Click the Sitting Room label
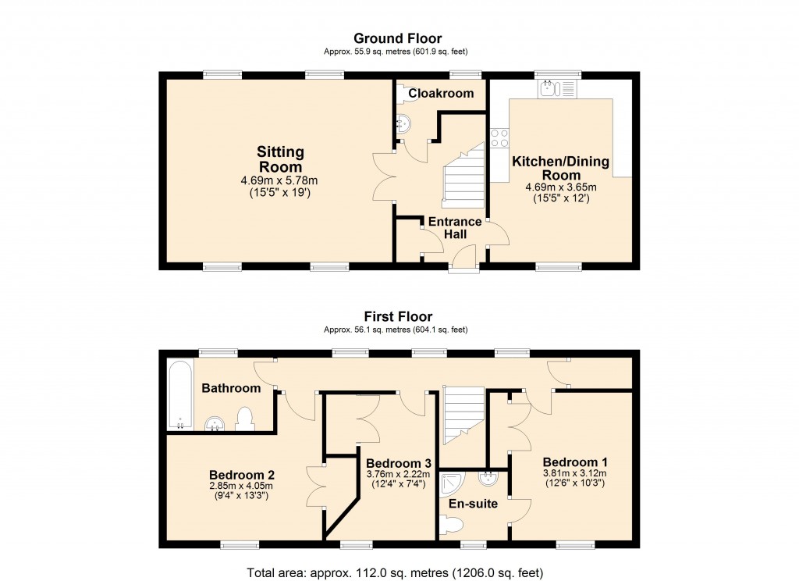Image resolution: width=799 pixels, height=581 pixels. point(280,159)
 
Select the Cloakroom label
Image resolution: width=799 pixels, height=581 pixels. point(442,94)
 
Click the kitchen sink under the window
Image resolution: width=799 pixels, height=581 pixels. point(559,88)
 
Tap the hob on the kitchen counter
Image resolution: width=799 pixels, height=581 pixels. point(499,138)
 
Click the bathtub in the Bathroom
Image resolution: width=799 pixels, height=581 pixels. point(179,394)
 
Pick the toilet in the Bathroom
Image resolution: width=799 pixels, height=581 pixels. point(244,419)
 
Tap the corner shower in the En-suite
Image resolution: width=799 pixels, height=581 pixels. point(450,485)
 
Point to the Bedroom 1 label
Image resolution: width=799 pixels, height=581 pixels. point(574,461)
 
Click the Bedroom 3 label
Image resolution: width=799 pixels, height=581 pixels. point(398,462)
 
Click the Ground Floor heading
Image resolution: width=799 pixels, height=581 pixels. point(397,38)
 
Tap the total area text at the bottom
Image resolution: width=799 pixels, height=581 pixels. point(395,572)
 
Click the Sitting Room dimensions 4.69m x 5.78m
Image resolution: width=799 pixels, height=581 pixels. point(279,181)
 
